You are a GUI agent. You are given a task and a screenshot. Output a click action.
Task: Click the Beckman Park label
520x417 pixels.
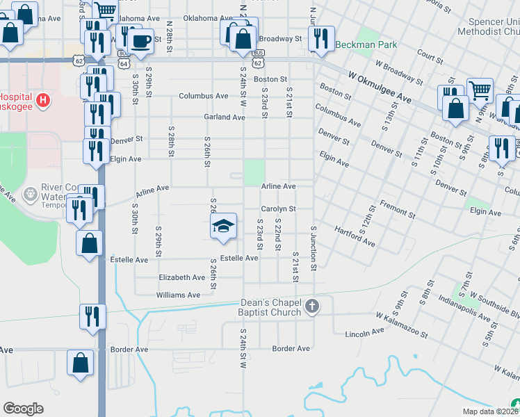tap(366, 44)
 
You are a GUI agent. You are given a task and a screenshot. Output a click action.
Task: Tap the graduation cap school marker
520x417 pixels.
tap(222, 227)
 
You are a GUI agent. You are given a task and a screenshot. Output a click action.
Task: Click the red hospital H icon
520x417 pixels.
tap(44, 100)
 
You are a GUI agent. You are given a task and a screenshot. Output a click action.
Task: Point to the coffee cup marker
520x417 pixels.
tap(141, 40)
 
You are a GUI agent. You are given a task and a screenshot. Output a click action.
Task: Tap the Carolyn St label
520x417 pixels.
tap(279, 208)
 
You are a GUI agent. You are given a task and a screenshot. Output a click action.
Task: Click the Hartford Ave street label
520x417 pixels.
tap(355, 236)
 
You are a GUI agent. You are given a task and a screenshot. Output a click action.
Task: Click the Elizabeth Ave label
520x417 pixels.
tap(182, 277)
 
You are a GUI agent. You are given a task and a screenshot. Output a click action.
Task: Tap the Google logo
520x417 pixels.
tap(23, 409)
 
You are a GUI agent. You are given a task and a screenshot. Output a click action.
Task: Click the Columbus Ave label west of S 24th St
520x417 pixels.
tap(204, 96)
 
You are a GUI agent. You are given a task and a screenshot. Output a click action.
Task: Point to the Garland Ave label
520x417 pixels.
tap(225, 117)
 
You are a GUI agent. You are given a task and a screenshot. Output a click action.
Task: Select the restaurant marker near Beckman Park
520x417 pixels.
tap(321, 39)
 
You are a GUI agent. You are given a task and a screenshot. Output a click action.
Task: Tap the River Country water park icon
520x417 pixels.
tap(31, 193)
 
